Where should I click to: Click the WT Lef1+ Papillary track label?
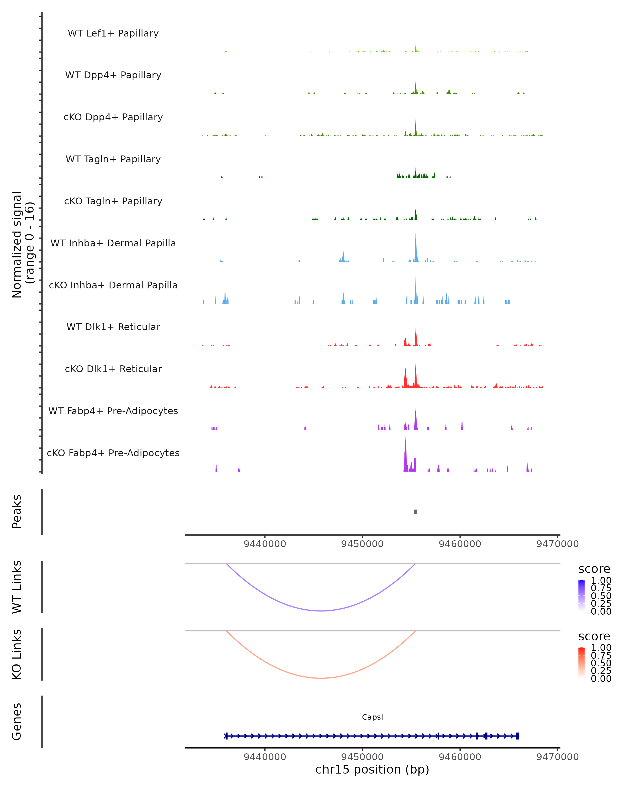click(x=113, y=33)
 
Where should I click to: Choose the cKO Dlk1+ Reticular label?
click(x=113, y=369)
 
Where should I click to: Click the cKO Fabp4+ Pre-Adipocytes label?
click(x=113, y=453)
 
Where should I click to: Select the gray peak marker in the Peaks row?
click(x=415, y=512)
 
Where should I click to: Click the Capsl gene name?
click(x=372, y=717)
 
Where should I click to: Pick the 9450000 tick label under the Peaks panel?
click(x=362, y=544)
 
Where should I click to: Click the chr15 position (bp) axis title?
click(x=372, y=770)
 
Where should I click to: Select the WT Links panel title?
click(x=17, y=587)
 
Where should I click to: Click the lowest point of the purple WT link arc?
click(x=321, y=611)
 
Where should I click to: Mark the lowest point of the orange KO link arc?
click(x=321, y=678)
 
